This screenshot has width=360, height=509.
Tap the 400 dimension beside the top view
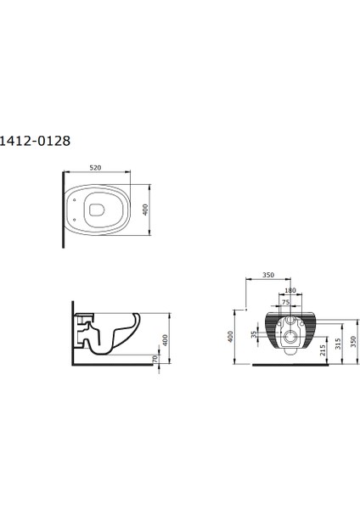click(146, 210)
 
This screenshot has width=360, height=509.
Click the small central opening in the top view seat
click(98, 210)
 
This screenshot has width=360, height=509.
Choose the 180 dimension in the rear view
click(290, 291)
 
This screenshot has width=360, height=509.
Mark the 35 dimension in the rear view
click(254, 335)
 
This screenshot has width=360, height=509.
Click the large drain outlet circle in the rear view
click(290, 339)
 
